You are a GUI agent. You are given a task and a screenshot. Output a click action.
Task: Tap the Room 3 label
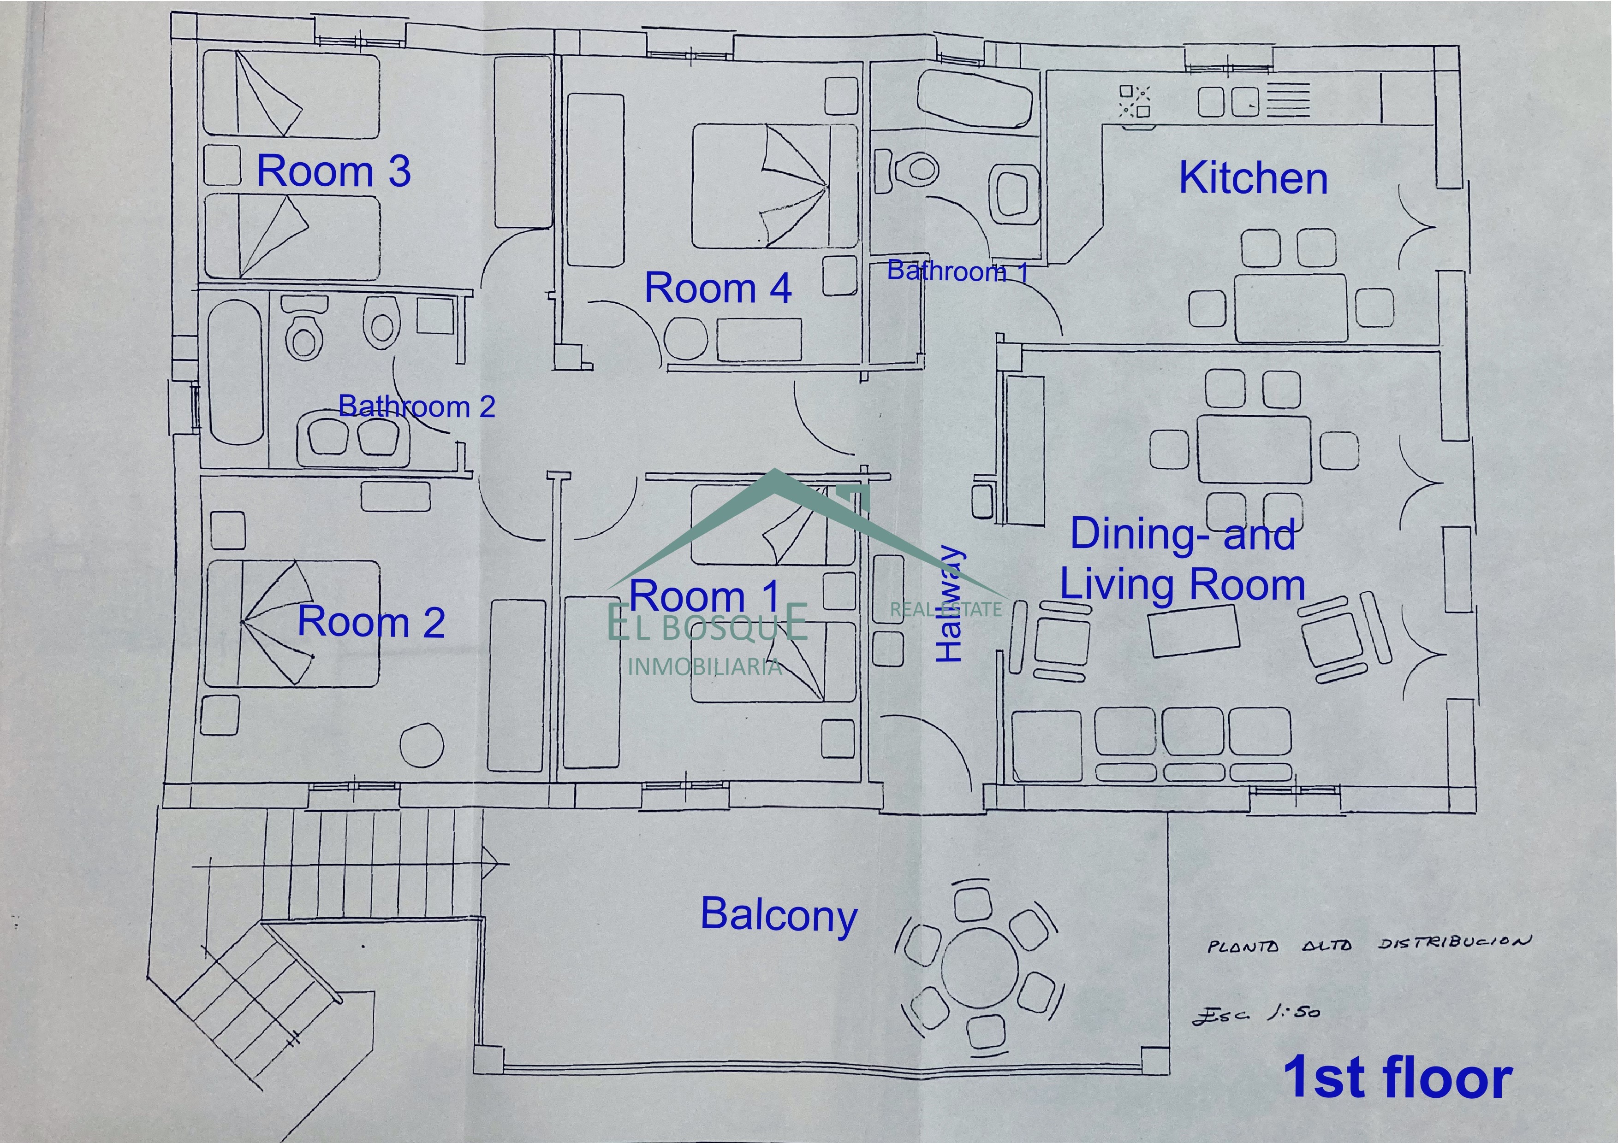333,171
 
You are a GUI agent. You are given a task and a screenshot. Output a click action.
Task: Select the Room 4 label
718,288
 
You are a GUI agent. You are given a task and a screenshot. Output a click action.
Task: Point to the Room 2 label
371,622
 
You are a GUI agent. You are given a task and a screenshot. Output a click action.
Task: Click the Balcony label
779,915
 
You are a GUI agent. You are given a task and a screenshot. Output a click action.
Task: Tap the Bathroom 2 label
416,407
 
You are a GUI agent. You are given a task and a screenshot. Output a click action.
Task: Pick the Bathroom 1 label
958,271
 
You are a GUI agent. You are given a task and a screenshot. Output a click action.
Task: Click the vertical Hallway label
949,604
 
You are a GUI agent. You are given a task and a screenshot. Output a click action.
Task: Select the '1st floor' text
1398,1078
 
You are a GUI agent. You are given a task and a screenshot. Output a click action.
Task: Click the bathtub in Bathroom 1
976,99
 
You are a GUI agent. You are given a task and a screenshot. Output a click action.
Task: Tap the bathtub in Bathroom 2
235,372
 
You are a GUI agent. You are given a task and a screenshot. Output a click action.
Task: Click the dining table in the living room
1254,448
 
